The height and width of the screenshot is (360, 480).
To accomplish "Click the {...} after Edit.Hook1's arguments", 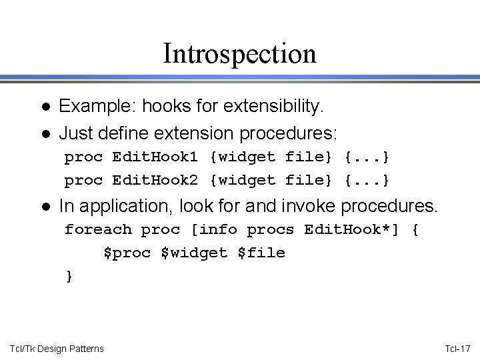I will (367, 158).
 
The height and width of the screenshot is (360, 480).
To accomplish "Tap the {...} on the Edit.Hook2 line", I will (367, 180).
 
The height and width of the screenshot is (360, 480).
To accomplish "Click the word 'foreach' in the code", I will (98, 231).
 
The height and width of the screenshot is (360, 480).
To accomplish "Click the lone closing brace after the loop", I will (69, 275).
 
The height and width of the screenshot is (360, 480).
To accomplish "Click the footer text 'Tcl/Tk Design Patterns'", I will (57, 348).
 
